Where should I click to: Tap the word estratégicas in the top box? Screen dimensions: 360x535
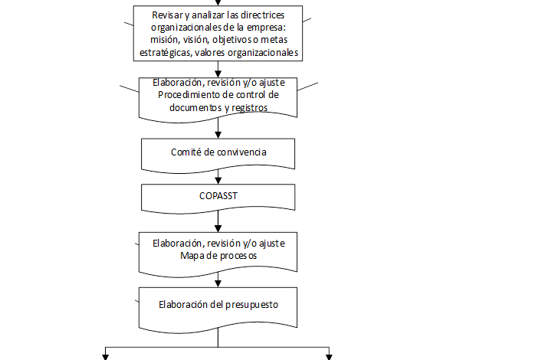coord(163,53)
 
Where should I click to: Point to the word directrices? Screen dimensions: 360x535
coord(260,16)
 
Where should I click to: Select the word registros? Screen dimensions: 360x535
coord(248,108)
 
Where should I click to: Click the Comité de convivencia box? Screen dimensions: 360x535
coord(218,153)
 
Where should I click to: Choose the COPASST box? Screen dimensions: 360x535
coord(218,196)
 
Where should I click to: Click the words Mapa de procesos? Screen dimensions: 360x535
coord(218,255)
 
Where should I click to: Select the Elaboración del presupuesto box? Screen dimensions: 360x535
coord(218,307)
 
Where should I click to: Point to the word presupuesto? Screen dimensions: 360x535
coord(251,304)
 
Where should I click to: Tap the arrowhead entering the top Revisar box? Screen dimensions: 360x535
coord(218,3)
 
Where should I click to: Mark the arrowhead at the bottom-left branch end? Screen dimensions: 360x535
coord(105,355)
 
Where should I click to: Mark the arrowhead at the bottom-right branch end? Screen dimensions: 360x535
coord(330,355)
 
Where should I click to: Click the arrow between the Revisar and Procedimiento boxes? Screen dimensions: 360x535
coord(218,70)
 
